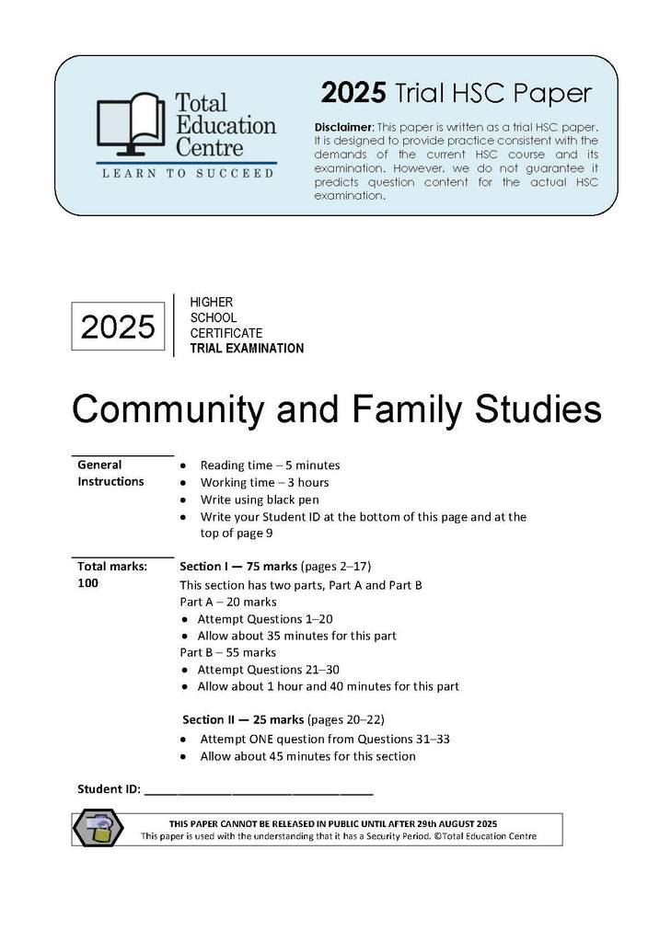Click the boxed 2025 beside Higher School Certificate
coord(118,326)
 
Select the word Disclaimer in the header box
coord(344,126)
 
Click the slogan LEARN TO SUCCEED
coord(187,173)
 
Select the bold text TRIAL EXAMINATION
coord(246,349)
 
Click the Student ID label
coord(109,789)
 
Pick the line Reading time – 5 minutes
coord(270,465)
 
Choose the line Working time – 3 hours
coord(264,482)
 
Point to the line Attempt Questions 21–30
coord(269,670)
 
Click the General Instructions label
coord(110,473)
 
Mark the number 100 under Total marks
coord(88,583)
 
